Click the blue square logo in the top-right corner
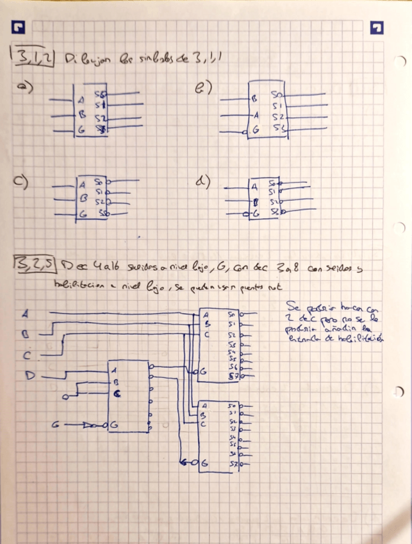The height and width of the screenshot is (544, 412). [x=377, y=28]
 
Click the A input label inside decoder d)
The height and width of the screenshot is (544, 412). [x=254, y=187]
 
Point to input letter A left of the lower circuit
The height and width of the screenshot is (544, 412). [x=26, y=314]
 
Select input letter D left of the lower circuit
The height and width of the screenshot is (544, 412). [x=29, y=375]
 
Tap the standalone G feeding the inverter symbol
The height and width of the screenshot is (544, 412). [x=56, y=424]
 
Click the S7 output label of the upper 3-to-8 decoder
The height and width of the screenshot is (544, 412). [x=233, y=376]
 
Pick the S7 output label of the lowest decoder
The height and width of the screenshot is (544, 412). [x=233, y=463]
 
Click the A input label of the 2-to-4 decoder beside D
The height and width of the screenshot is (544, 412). [x=113, y=371]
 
